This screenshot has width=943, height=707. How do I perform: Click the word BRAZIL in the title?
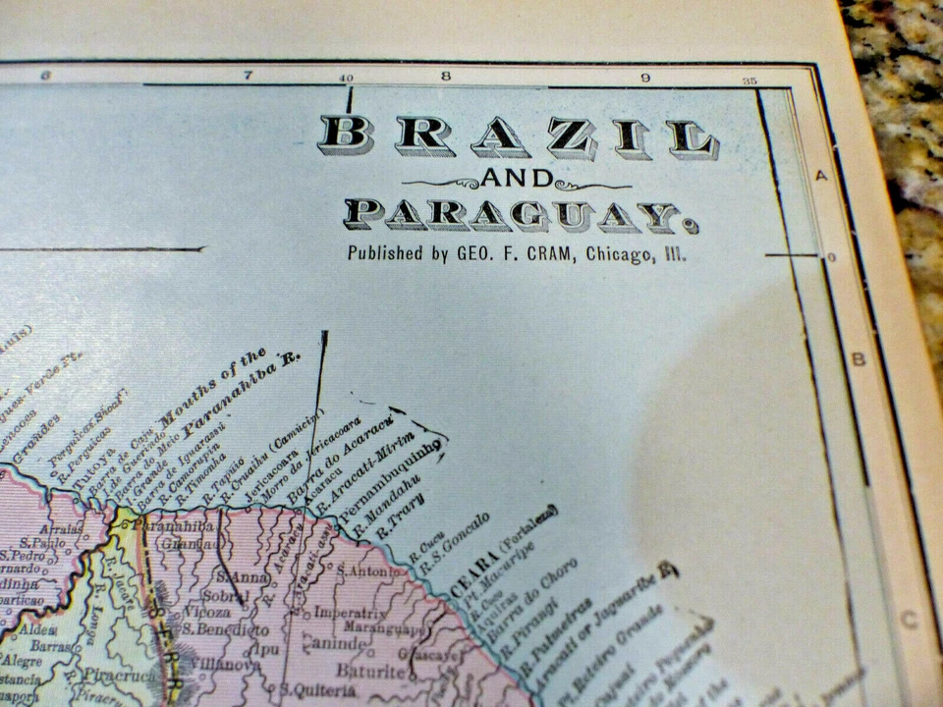518,136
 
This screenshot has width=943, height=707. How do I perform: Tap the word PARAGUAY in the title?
521,213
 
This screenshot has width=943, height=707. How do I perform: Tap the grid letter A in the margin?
821,176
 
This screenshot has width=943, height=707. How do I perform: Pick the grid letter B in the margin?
859,359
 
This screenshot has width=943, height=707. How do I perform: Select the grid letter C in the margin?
910,621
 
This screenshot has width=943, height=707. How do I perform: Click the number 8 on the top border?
445,76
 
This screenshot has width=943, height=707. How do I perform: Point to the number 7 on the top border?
248,75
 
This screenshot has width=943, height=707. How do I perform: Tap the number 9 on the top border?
645,77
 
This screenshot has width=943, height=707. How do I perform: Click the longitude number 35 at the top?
749,82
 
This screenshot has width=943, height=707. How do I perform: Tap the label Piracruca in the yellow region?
121,677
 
